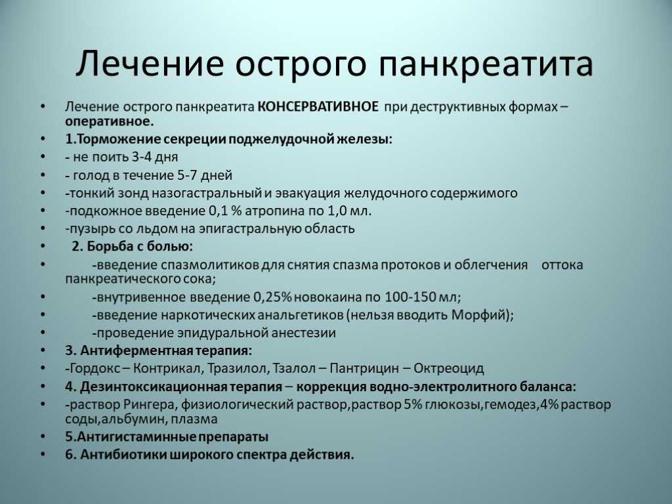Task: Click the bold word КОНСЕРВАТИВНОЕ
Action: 318,106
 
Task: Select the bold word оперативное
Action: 110,121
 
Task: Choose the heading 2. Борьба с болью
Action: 132,247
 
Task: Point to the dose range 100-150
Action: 404,297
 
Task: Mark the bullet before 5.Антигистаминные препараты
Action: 43,436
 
